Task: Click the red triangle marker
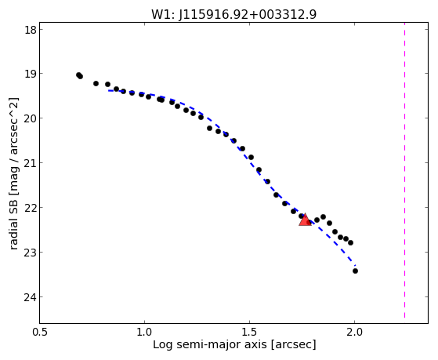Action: click(x=305, y=220)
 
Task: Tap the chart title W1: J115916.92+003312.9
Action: click(x=233, y=14)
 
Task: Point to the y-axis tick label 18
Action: click(x=31, y=30)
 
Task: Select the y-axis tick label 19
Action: click(x=31, y=75)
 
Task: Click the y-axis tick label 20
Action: click(x=31, y=119)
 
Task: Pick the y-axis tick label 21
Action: click(x=31, y=164)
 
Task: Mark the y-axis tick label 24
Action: click(x=31, y=297)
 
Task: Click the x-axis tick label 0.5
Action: click(x=40, y=333)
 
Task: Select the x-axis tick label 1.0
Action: click(x=144, y=333)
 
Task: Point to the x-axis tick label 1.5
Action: click(x=249, y=333)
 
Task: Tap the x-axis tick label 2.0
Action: click(x=354, y=333)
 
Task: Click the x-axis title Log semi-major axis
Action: click(x=210, y=344)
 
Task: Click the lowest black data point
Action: click(x=355, y=271)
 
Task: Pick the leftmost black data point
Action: click(x=78, y=75)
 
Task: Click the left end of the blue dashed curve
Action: click(x=109, y=90)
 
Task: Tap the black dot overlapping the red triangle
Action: click(x=309, y=223)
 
